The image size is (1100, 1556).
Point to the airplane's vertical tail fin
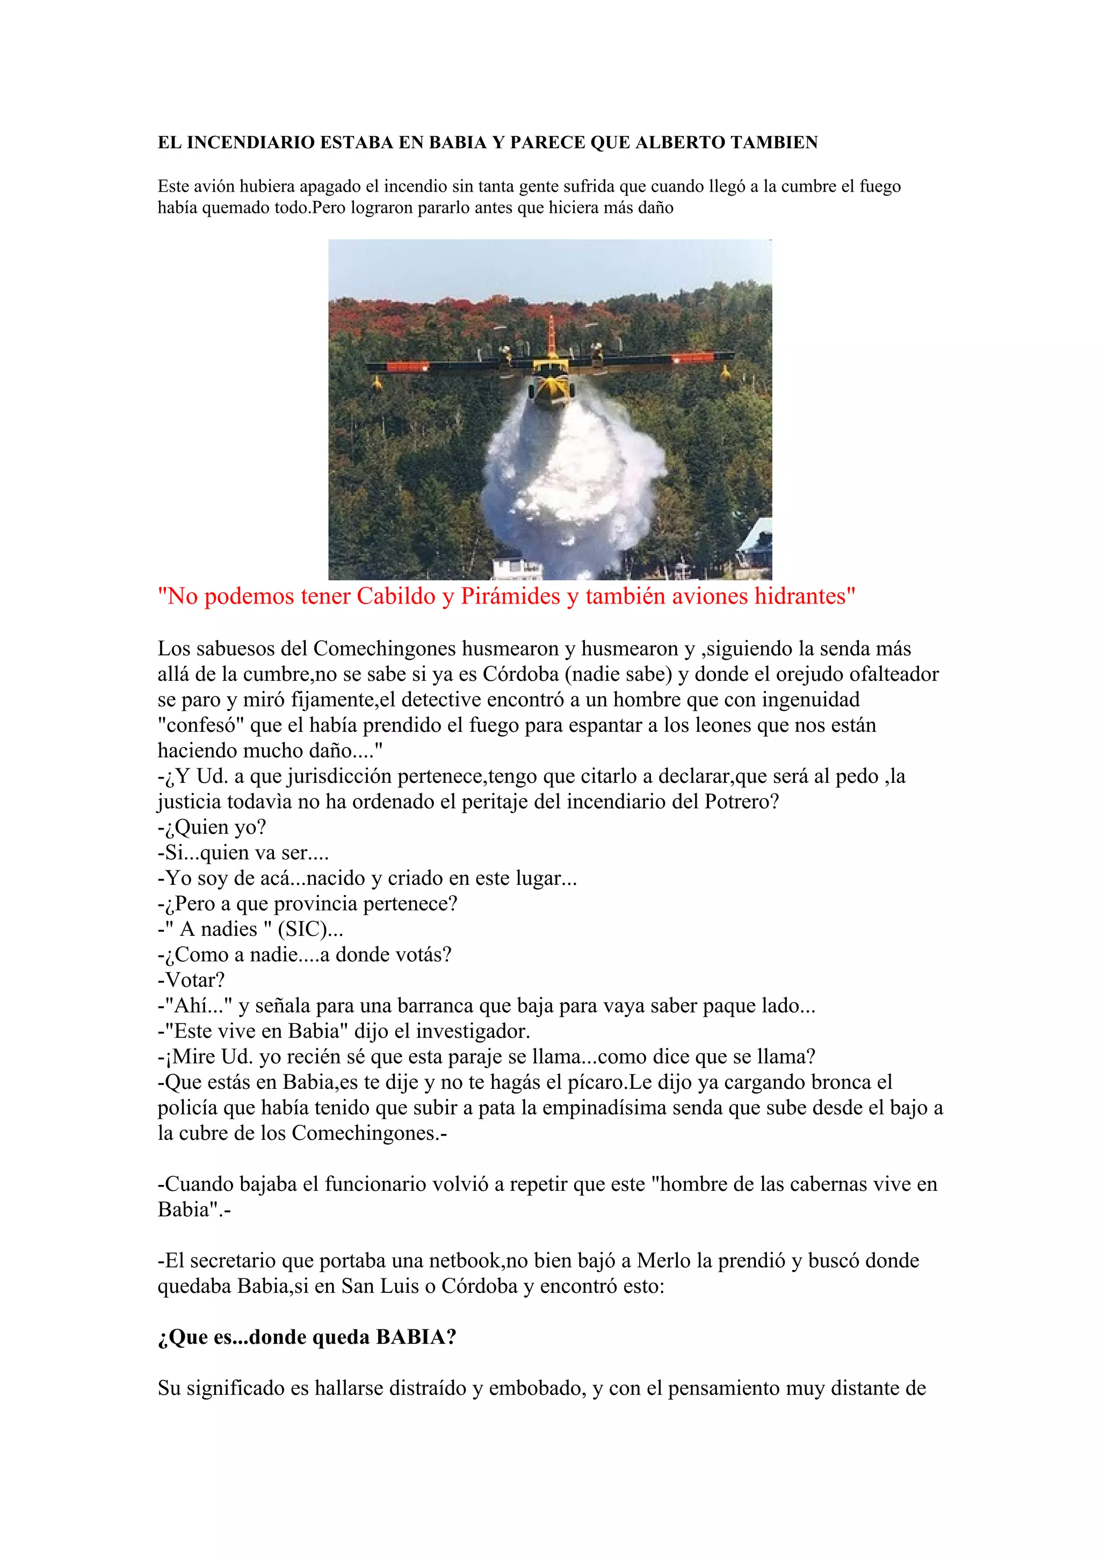click(x=552, y=335)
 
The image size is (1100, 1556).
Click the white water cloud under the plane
click(x=573, y=475)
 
